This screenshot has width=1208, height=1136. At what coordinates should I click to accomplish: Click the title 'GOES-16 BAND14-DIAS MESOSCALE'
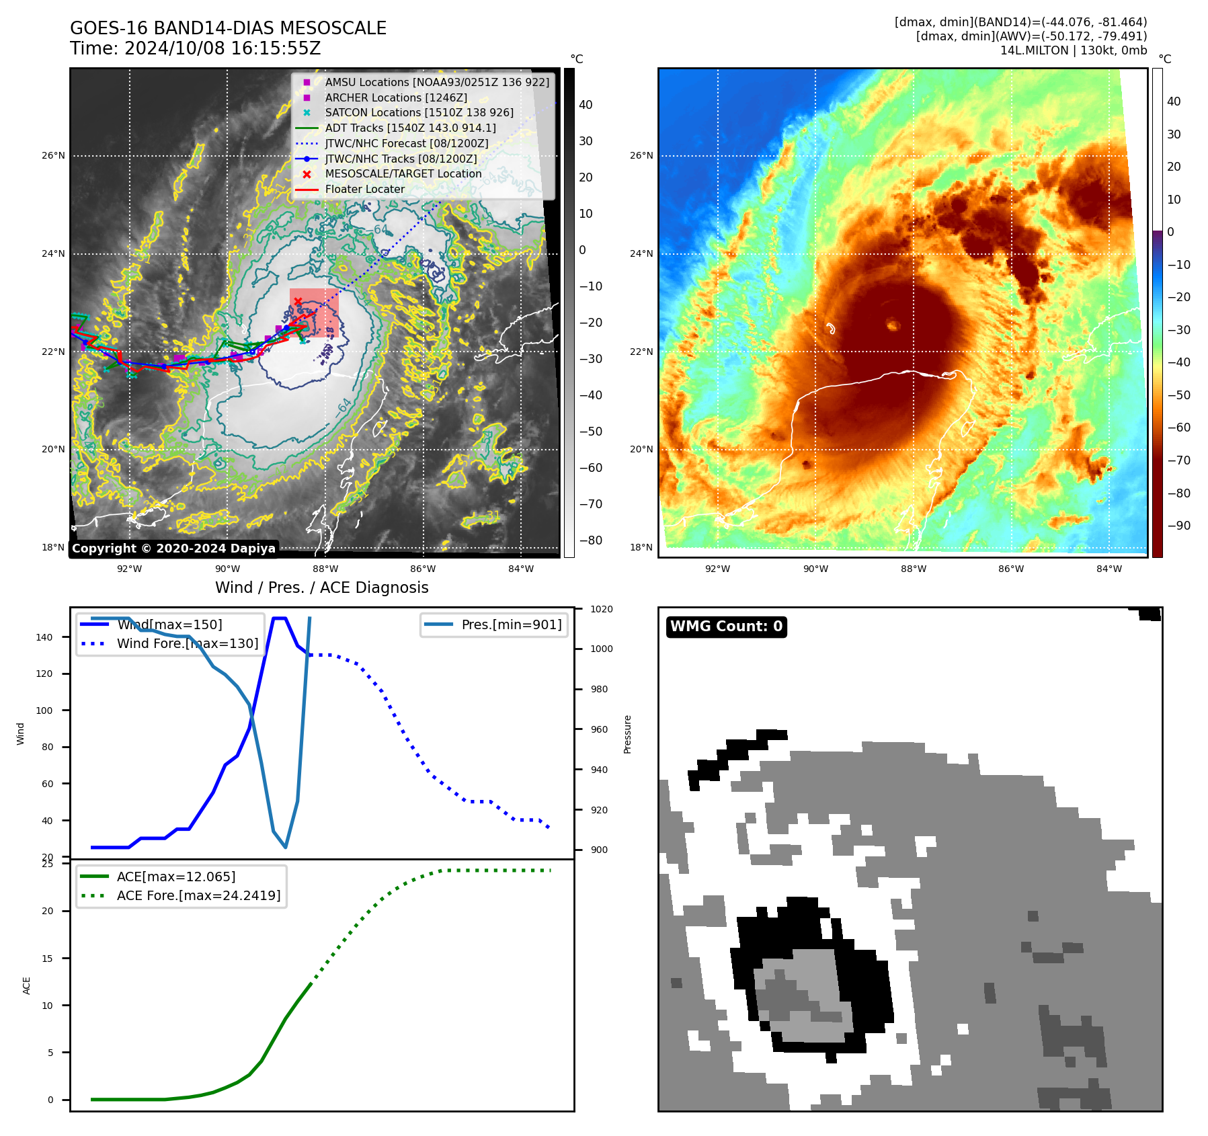pyautogui.click(x=228, y=28)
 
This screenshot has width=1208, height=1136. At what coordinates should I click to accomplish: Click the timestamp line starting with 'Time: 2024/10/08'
pyautogui.click(x=195, y=48)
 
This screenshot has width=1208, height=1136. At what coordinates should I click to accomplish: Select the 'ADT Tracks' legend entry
pyautogui.click(x=410, y=128)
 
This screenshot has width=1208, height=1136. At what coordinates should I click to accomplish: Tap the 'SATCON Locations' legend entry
pyautogui.click(x=419, y=112)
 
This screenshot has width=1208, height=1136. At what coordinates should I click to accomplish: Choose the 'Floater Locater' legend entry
pyautogui.click(x=364, y=189)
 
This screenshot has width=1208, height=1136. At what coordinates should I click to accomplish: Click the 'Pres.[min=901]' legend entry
pyautogui.click(x=511, y=624)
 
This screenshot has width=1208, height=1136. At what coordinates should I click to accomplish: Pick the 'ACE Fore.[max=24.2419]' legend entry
pyautogui.click(x=198, y=895)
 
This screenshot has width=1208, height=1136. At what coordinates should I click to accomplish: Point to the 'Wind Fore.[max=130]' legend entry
pyautogui.click(x=188, y=643)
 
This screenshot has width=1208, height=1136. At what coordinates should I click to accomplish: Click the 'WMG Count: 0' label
pyautogui.click(x=726, y=626)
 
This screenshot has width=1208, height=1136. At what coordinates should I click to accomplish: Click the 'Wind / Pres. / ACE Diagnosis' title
pyautogui.click(x=321, y=587)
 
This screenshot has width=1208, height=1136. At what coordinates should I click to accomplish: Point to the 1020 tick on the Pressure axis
pyautogui.click(x=602, y=609)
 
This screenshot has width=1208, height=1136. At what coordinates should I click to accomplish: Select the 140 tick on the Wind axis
pyautogui.click(x=44, y=637)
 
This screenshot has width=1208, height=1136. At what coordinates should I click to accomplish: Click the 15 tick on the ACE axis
pyautogui.click(x=47, y=959)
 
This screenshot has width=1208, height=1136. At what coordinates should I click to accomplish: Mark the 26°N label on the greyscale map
pyautogui.click(x=53, y=155)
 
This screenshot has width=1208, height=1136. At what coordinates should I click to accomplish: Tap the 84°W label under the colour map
pyautogui.click(x=1109, y=569)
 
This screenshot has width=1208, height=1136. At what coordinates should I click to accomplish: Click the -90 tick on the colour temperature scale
pyautogui.click(x=1178, y=526)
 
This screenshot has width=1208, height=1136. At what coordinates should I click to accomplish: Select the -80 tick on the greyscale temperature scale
pyautogui.click(x=591, y=540)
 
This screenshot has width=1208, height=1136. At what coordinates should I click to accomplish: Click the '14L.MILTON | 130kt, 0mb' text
pyautogui.click(x=1073, y=50)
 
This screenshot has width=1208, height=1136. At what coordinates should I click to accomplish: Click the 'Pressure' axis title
pyautogui.click(x=627, y=734)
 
